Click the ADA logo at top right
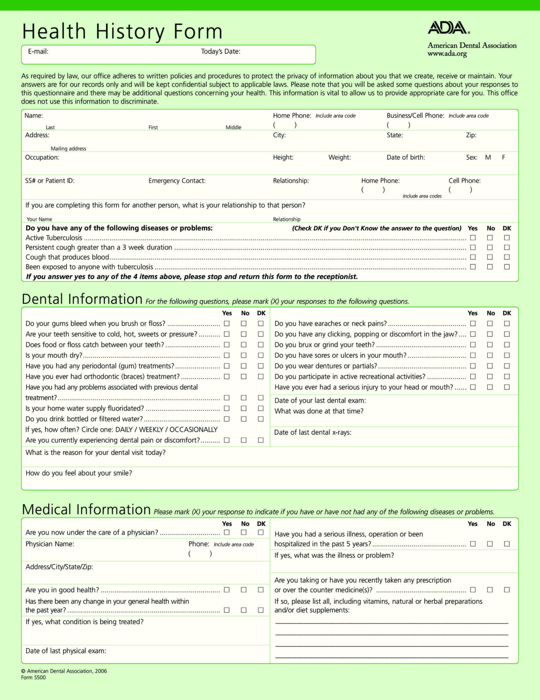(449, 28)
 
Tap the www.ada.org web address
(447, 54)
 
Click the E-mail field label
(38, 51)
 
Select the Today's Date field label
(221, 51)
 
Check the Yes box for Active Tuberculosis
(473, 238)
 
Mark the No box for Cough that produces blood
(490, 257)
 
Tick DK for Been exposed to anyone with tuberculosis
(507, 267)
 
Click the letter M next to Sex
(488, 157)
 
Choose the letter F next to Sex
(504, 157)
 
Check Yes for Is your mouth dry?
(227, 355)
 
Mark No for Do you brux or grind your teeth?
(490, 345)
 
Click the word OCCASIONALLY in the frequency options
(194, 429)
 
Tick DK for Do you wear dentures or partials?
(507, 366)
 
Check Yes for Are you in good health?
(227, 590)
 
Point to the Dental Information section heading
(82, 299)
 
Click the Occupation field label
(42, 157)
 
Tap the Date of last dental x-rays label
(312, 432)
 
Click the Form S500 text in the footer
(33, 677)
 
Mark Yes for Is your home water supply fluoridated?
(227, 408)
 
